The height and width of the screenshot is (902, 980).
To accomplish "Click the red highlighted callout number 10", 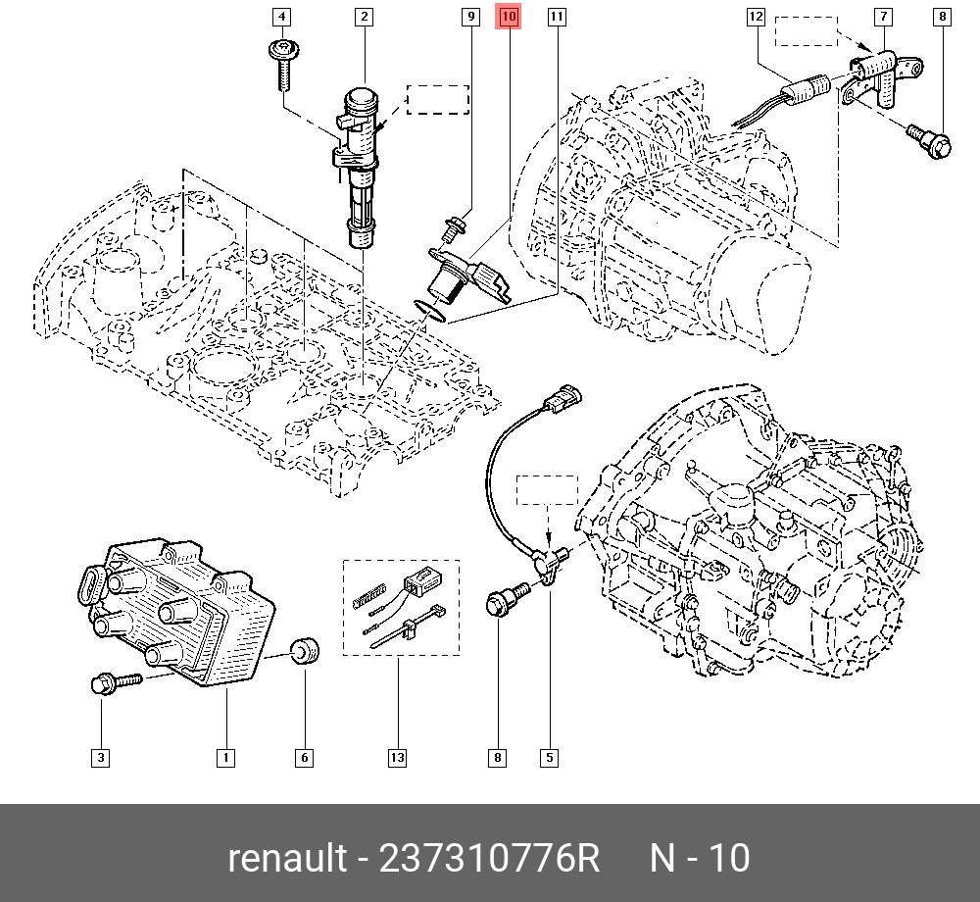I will (510, 17).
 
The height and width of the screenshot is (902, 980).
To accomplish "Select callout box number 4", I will (282, 17).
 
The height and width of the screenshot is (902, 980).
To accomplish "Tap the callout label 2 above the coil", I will (364, 17).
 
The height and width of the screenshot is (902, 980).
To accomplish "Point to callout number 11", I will (557, 17).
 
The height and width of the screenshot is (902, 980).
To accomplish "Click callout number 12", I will (755, 17).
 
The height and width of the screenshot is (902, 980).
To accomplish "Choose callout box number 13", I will (397, 758).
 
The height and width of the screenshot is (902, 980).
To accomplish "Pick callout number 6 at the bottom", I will (304, 758).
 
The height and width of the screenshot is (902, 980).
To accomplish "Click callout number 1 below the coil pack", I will (225, 758).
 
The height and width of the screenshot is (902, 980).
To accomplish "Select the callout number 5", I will (549, 758).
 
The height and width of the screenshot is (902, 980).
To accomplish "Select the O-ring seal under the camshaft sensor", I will (430, 311).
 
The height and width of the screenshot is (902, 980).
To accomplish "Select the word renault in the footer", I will (287, 859).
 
